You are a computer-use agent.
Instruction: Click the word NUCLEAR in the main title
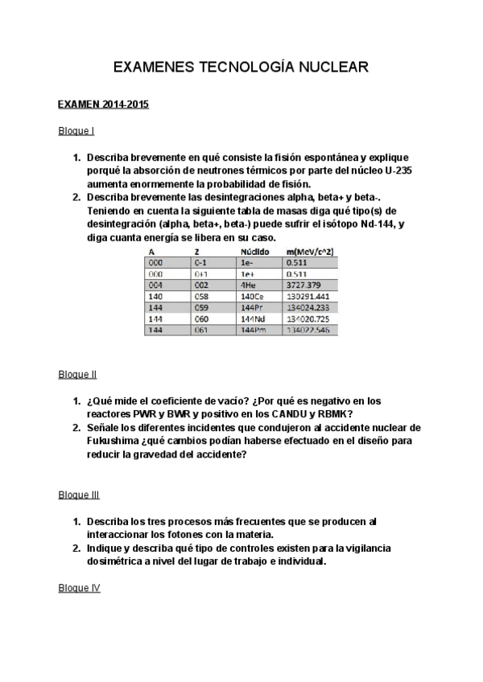click(334, 69)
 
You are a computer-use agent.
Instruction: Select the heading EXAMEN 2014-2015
click(103, 105)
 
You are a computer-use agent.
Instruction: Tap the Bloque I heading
click(76, 130)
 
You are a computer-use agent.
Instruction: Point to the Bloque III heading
click(79, 495)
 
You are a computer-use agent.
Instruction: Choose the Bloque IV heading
click(79, 588)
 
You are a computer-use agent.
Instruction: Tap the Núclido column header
click(255, 252)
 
